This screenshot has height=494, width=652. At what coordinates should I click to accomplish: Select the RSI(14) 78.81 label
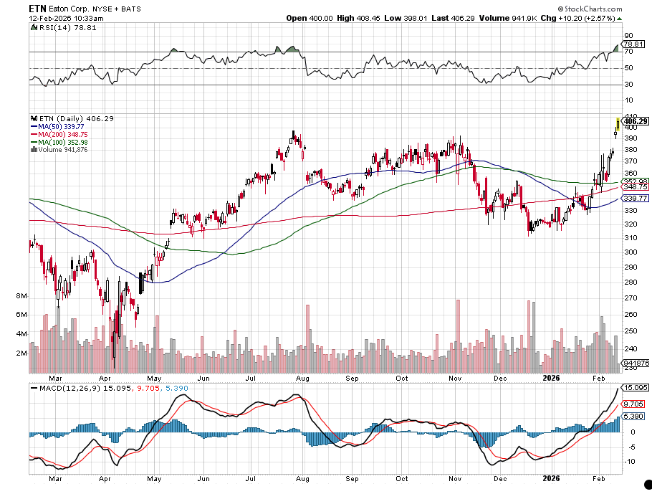pos(58,27)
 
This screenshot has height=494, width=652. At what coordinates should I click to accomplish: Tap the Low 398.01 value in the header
pos(406,17)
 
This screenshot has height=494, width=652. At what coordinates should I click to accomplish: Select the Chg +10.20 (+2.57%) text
pos(580,17)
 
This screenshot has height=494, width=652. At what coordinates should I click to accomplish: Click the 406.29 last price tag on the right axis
pos(636,121)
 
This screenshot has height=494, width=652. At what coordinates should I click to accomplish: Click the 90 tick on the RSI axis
pos(628,35)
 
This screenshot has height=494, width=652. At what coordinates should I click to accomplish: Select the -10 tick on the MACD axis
pos(630,461)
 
